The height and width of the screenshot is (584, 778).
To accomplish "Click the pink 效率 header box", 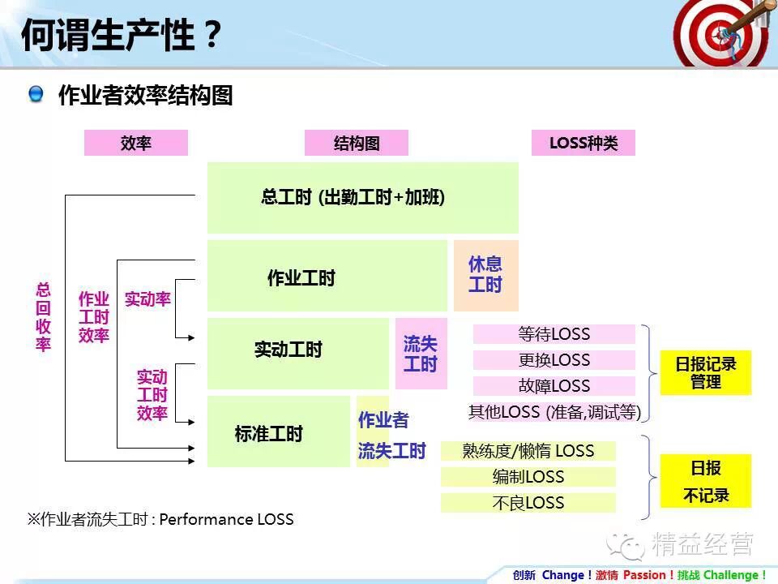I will click(x=136, y=144).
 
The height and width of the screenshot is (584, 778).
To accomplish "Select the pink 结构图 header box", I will click(x=357, y=144).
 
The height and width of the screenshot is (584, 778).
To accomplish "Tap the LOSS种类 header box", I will click(x=583, y=144).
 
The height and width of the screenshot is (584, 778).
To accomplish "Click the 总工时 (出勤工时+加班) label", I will click(x=353, y=197).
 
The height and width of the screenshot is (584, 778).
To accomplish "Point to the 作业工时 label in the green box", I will click(x=301, y=278).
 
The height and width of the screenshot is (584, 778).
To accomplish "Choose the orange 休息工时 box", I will click(x=485, y=275).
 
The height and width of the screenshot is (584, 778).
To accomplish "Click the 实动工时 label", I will click(x=288, y=350).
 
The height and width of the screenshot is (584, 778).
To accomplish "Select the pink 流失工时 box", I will click(x=421, y=354).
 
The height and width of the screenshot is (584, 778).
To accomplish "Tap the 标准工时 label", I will click(x=268, y=434).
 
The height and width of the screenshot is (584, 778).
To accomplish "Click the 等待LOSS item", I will click(x=554, y=334).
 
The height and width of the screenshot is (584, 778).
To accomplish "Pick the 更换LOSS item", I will click(x=554, y=360).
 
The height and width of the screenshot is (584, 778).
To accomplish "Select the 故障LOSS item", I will click(x=554, y=386).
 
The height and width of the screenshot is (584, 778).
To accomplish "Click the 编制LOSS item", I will click(x=528, y=477).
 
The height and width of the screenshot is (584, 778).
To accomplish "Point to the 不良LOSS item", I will click(x=528, y=503).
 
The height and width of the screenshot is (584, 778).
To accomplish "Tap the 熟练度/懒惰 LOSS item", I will click(x=528, y=451).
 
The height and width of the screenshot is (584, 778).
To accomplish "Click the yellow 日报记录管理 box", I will click(x=706, y=372).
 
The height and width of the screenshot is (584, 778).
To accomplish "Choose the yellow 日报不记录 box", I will click(x=706, y=481).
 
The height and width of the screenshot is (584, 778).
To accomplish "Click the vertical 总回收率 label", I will click(x=43, y=316).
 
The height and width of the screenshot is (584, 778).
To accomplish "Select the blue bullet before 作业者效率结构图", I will click(x=36, y=95).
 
